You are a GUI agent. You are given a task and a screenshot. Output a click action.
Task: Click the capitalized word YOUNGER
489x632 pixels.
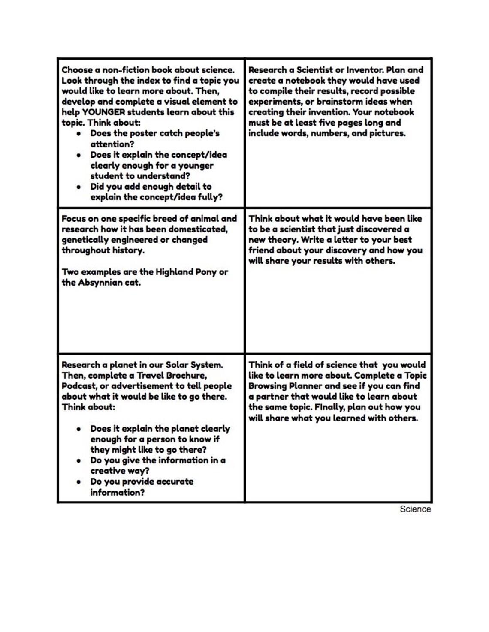click(x=103, y=112)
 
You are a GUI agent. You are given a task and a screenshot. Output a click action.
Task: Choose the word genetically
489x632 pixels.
click(x=84, y=240)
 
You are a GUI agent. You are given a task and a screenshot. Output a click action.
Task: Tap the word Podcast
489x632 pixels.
click(x=78, y=386)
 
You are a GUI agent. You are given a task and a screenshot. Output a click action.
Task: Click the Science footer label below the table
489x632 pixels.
click(x=415, y=509)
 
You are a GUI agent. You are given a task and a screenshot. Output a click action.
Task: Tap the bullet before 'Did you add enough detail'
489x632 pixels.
click(x=78, y=187)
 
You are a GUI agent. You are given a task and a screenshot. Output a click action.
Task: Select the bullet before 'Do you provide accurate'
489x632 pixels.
click(x=78, y=482)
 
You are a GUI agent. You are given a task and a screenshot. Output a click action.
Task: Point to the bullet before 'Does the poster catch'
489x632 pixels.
click(x=78, y=134)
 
